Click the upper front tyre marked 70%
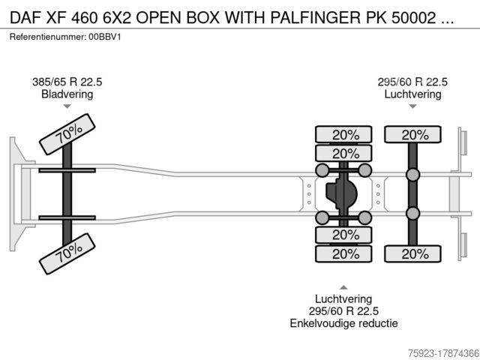(67, 135)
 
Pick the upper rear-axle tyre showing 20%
(412, 135)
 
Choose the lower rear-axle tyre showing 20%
(412, 253)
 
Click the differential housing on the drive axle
(343, 194)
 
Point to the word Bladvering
(67, 94)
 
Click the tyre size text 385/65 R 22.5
(67, 82)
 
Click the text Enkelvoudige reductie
(343, 323)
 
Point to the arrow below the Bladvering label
(67, 107)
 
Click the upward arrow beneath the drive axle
(343, 287)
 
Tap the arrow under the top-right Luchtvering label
(412, 107)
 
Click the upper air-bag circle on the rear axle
(412, 175)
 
